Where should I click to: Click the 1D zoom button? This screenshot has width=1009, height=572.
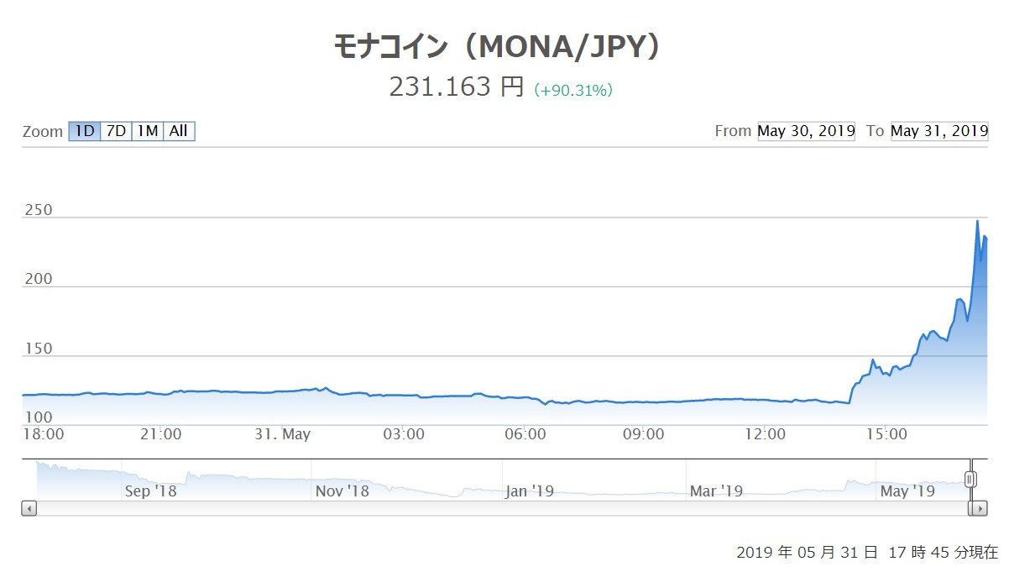(84, 131)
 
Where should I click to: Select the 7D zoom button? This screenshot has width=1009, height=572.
(116, 131)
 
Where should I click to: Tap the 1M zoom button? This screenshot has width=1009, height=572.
(148, 131)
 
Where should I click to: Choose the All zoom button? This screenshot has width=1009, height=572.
(179, 131)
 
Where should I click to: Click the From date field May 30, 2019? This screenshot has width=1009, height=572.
(806, 131)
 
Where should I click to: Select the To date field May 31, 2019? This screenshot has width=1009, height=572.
(939, 131)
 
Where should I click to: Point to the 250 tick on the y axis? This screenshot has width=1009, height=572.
(37, 210)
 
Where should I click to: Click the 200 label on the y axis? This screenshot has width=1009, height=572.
(37, 279)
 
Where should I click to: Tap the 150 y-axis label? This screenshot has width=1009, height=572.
(37, 349)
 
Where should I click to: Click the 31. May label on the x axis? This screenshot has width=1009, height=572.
(283, 434)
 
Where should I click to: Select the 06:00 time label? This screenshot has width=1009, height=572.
(525, 434)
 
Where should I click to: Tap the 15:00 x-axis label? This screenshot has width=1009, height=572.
(887, 434)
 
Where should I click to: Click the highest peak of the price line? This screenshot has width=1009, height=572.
(977, 221)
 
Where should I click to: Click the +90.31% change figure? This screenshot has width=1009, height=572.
(573, 91)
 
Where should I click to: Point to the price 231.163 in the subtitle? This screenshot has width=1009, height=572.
(438, 87)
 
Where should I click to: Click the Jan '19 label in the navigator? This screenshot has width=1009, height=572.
(529, 491)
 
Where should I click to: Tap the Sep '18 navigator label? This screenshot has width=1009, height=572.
(150, 491)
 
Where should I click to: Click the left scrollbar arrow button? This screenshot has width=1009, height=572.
(29, 508)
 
